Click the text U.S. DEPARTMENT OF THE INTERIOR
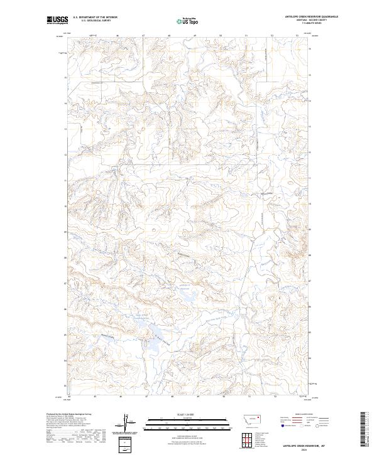pyautogui.click(x=95, y=18)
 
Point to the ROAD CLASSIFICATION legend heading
pyautogui.click(x=303, y=414)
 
